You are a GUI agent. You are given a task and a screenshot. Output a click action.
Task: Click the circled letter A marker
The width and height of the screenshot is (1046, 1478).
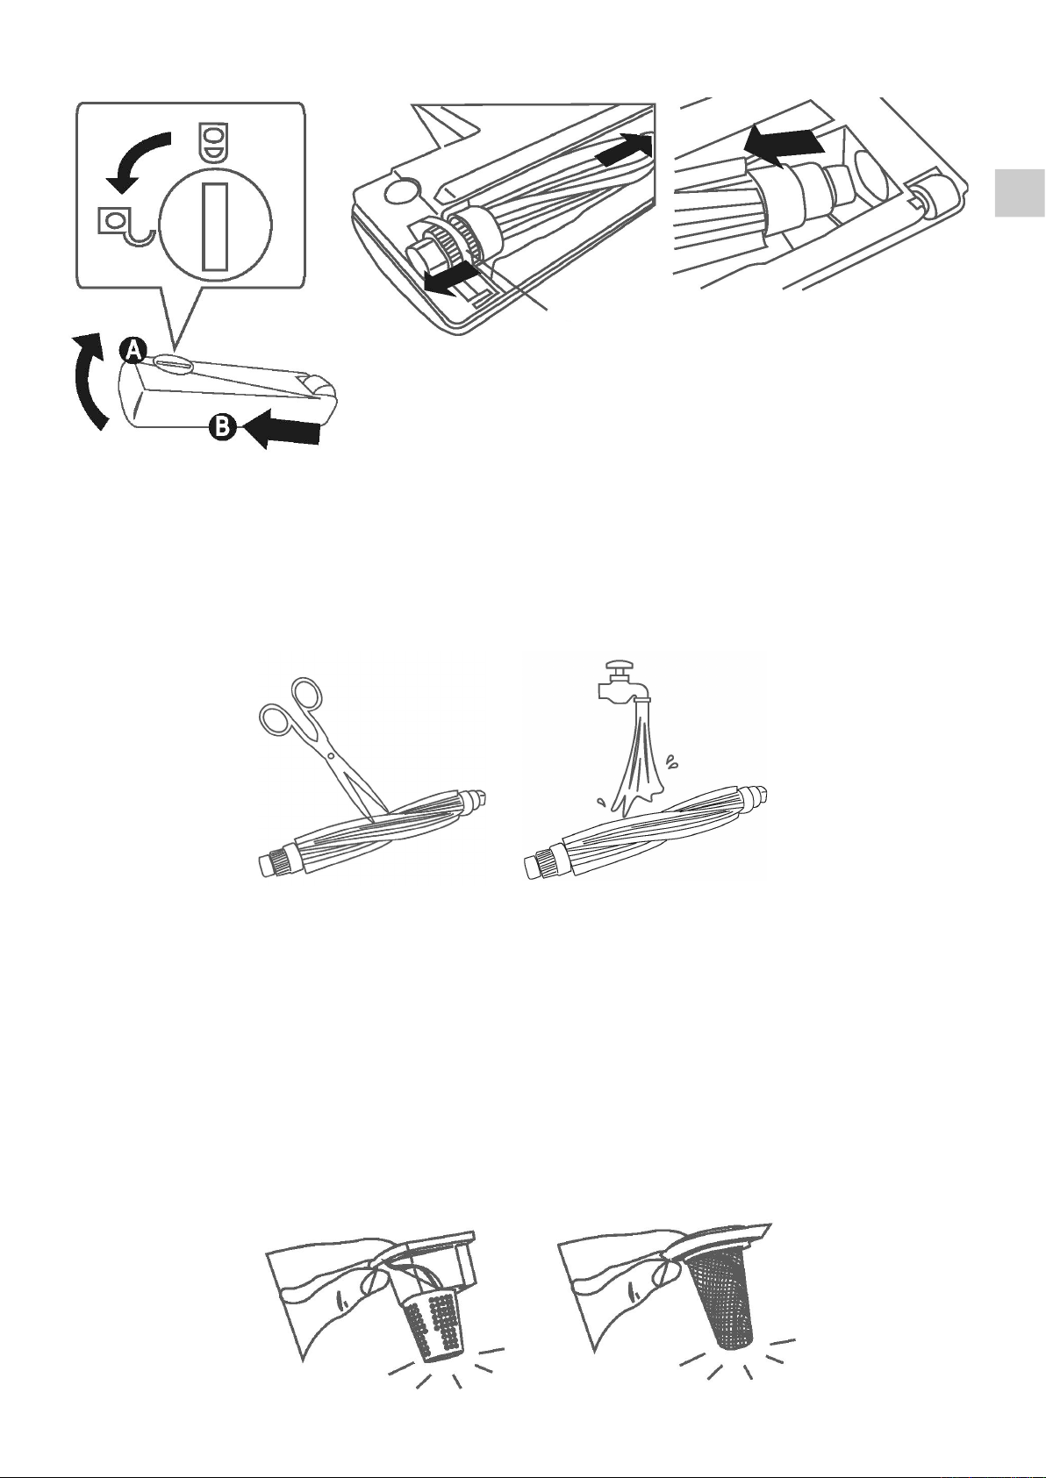[x=134, y=350]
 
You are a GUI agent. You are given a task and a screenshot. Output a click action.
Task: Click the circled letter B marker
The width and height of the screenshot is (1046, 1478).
[x=223, y=427]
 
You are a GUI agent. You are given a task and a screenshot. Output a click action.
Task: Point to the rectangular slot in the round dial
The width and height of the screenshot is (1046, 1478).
[x=215, y=227]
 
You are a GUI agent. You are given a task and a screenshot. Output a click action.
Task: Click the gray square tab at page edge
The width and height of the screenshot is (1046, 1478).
[x=1020, y=193]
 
